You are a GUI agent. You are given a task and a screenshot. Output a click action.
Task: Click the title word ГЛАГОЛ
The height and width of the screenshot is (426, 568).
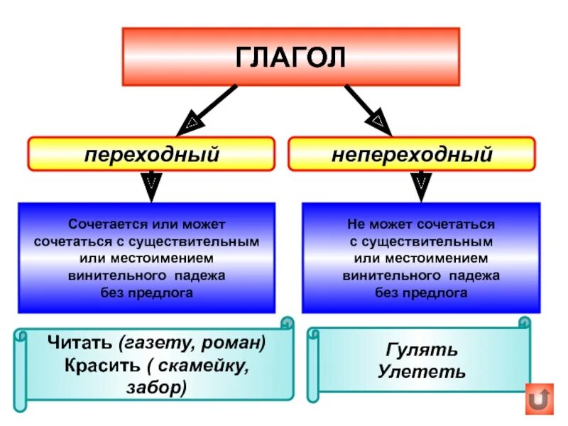pos(290,56)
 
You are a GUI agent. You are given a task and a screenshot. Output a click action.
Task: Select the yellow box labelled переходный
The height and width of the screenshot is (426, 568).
pos(151,153)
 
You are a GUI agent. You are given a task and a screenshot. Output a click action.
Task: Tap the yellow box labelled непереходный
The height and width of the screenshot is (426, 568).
pos(412,153)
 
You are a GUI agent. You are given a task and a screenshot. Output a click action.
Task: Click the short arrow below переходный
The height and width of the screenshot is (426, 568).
pos(151,186)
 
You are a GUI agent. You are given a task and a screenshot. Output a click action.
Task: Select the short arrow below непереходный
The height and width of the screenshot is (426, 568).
pos(420,186)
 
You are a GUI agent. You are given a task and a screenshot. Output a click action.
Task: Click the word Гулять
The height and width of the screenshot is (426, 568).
pos(422,350)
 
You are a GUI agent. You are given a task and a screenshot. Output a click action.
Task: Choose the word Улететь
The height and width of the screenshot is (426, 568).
pos(422,371)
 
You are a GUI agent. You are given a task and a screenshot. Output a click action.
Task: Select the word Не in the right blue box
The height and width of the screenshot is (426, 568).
pos(356,224)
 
